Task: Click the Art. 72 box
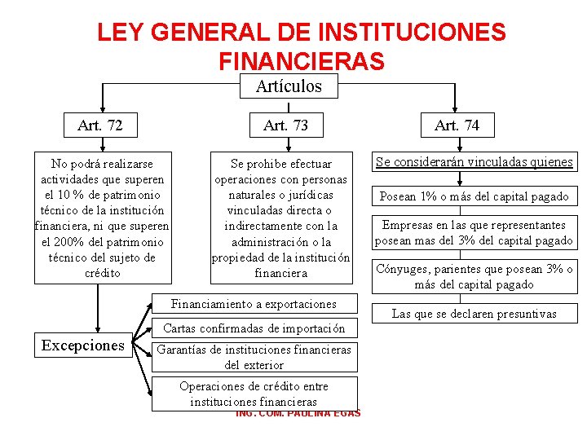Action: [101, 125]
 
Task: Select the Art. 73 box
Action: [285, 125]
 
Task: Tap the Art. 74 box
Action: [457, 125]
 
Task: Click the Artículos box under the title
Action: [289, 86]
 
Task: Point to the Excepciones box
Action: [83, 345]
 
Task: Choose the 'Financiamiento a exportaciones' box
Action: [254, 304]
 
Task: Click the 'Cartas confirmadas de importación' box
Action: [254, 328]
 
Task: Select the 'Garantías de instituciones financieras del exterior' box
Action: [254, 358]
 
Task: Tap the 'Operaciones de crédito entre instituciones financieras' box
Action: [254, 394]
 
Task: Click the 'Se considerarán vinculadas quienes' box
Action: [474, 162]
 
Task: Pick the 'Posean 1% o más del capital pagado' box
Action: [474, 196]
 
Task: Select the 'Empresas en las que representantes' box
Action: [474, 233]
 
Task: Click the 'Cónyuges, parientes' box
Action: [474, 277]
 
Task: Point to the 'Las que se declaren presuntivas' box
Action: [474, 314]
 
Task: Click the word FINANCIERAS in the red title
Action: [302, 61]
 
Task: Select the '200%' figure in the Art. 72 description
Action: [68, 242]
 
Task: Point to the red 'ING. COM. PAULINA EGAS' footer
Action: [298, 414]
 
